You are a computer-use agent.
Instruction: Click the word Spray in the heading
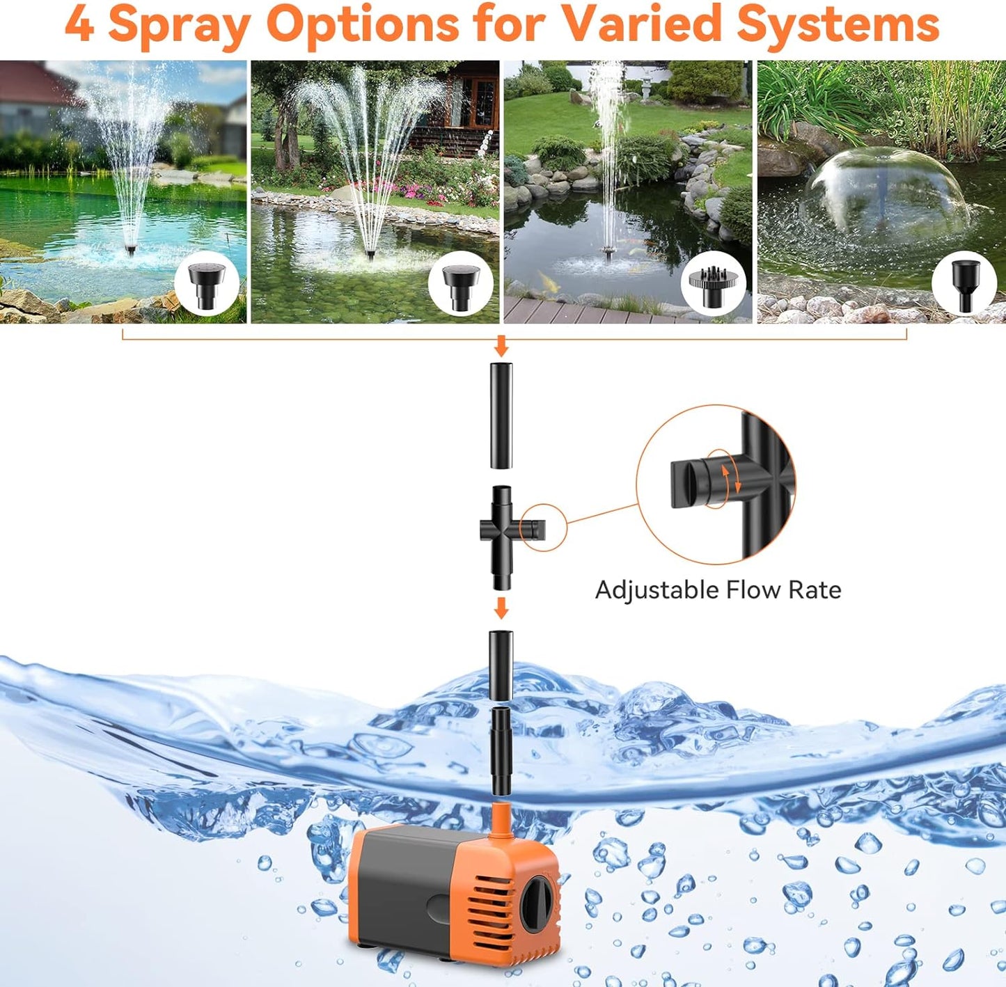(179, 25)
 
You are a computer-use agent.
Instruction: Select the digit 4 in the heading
(78, 25)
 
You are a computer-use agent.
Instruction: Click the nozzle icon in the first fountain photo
(207, 285)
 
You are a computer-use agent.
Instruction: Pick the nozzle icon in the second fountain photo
(459, 285)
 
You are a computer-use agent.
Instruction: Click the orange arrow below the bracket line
(501, 346)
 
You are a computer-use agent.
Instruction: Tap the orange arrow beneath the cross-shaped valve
(501, 608)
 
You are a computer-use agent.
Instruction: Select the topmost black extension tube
(501, 416)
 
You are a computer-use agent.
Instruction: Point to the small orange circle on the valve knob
(543, 528)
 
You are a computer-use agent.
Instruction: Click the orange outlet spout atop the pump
(500, 818)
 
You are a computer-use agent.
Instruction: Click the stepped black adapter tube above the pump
(501, 751)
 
